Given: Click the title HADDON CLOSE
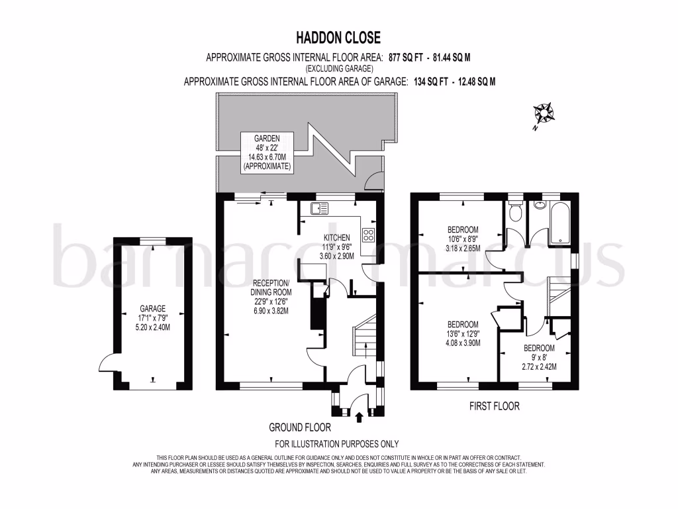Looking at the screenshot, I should (x=338, y=38).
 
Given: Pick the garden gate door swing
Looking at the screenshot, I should (x=374, y=180).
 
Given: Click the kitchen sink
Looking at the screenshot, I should (x=319, y=209).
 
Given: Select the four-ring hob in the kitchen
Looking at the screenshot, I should (x=368, y=234).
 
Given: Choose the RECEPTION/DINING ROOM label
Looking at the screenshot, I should (x=269, y=296).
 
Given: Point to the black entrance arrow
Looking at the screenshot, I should (x=359, y=417).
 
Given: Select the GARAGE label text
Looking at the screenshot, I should (x=152, y=308).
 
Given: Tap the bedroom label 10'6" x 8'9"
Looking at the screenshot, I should (x=461, y=240).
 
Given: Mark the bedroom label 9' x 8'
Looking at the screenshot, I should (x=540, y=357).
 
